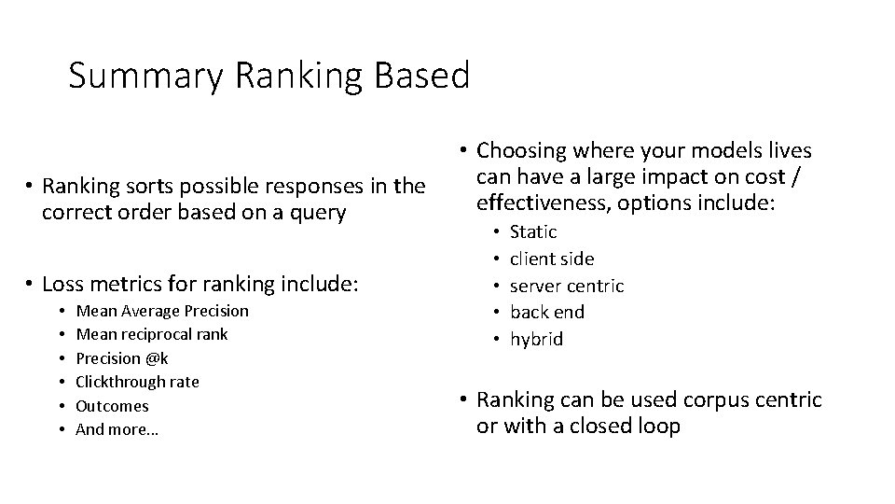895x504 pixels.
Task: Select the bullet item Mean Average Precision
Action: coord(162,310)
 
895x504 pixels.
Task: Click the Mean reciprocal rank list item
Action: coord(151,334)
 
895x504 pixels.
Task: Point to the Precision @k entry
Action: coord(122,358)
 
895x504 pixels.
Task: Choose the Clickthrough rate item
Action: coord(137,382)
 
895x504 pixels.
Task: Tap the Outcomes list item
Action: coord(112,406)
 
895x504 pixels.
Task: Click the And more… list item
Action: coord(117,430)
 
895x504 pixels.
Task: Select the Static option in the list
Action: coord(533,231)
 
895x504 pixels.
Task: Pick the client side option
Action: coord(552,259)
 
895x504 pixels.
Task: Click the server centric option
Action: coord(567,286)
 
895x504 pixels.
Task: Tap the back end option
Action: coord(546,312)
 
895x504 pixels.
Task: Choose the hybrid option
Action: coord(536,339)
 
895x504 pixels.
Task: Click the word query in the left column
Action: coord(318,213)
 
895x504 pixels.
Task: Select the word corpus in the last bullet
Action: coord(711,400)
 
